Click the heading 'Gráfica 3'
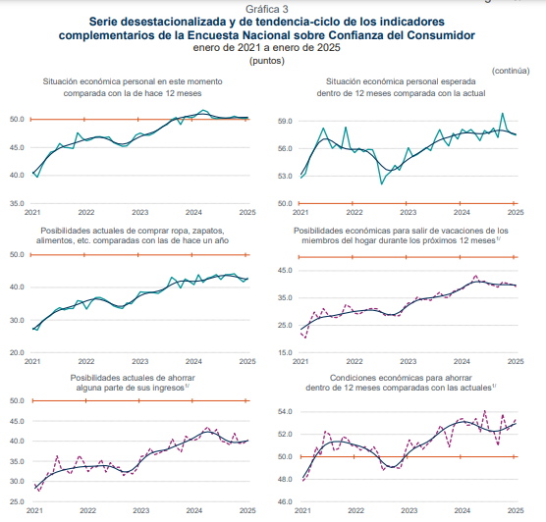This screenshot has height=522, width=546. [267, 9]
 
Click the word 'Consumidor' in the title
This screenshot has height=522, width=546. [441, 35]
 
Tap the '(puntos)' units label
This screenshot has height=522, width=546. [267, 61]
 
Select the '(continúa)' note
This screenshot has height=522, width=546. [511, 71]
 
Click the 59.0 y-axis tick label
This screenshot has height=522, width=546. [285, 121]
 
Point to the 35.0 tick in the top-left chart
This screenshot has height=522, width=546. [17, 203]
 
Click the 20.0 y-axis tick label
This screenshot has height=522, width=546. [17, 352]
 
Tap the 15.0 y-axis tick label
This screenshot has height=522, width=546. [285, 352]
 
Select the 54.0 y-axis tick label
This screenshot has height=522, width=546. [285, 412]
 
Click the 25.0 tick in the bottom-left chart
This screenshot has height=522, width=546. [17, 501]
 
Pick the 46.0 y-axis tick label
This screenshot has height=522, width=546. [285, 501]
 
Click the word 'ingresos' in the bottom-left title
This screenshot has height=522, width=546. [169, 388]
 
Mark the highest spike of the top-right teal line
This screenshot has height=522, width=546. [502, 113]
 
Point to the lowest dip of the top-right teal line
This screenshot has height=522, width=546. [382, 183]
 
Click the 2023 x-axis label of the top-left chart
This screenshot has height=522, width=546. [140, 212]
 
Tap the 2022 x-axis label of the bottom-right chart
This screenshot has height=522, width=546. [355, 510]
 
